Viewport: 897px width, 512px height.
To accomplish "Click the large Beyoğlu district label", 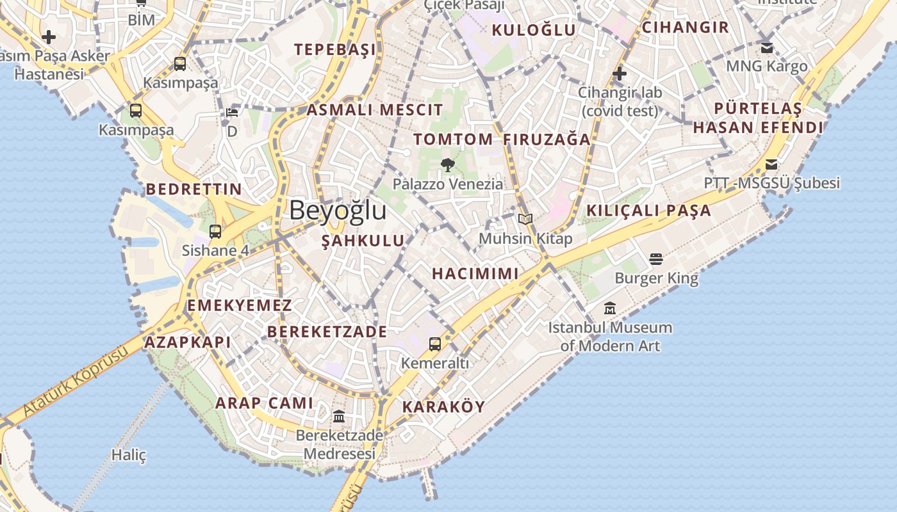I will (338, 210).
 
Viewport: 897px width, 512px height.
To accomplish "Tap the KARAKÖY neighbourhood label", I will (443, 406).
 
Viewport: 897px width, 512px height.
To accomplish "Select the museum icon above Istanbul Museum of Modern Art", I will (610, 308).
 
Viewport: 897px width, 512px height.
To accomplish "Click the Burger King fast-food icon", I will (655, 259).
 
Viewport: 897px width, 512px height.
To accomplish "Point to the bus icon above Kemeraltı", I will (435, 344).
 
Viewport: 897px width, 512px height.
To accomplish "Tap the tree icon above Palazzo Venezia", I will (448, 165).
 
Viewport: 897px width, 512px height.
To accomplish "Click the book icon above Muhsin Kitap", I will (525, 220).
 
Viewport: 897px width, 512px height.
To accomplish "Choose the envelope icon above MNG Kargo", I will (767, 47).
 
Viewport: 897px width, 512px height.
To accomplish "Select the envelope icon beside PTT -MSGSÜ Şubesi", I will (771, 164).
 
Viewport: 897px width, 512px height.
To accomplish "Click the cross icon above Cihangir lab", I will (619, 74).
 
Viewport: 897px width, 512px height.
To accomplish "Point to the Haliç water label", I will (129, 455).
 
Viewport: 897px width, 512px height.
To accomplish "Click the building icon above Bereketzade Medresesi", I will (339, 417).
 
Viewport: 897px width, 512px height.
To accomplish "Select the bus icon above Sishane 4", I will (215, 231).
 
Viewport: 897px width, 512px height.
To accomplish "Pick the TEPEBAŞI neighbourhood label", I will (334, 49).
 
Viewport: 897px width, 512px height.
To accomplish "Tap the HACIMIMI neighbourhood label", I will (475, 274).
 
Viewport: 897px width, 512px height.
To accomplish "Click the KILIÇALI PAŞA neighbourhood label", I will (648, 210).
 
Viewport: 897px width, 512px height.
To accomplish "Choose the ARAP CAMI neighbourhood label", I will (264, 403).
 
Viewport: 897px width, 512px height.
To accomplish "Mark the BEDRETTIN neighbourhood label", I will (194, 189).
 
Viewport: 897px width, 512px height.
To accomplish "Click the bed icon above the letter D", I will (232, 113).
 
